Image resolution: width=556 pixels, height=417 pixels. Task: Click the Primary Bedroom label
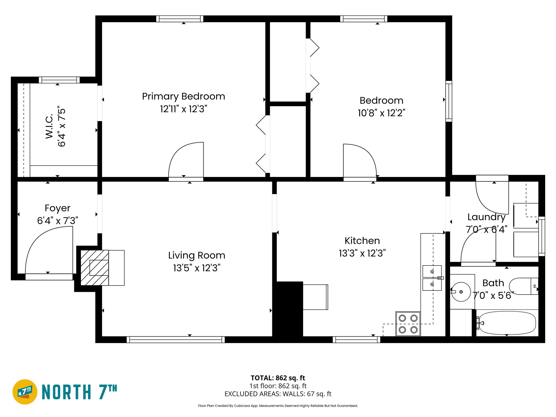click(184, 96)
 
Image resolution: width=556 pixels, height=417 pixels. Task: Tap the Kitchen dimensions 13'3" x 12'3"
click(362, 253)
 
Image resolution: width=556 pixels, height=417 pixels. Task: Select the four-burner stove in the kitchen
click(408, 324)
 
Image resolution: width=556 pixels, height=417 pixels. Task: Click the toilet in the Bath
click(523, 286)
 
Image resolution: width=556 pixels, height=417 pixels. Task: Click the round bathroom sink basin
click(461, 292)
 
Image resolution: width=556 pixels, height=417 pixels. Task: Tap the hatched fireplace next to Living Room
click(94, 268)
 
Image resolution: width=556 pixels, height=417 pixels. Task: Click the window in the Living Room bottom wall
click(176, 340)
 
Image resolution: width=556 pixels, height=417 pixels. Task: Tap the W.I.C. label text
click(49, 127)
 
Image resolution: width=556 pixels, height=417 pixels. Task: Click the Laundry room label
click(486, 217)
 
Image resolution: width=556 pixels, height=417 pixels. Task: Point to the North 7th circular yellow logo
click(25, 392)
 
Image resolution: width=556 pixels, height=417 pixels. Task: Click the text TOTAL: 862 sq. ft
click(278, 378)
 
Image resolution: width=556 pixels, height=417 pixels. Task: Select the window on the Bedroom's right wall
click(448, 101)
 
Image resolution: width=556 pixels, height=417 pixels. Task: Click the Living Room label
click(197, 255)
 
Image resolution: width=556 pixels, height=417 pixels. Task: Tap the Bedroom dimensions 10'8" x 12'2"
click(381, 113)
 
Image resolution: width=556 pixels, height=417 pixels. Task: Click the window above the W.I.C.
click(59, 80)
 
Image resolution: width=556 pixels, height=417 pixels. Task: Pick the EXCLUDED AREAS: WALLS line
click(278, 394)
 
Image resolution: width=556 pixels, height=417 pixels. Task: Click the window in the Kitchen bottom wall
click(356, 340)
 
